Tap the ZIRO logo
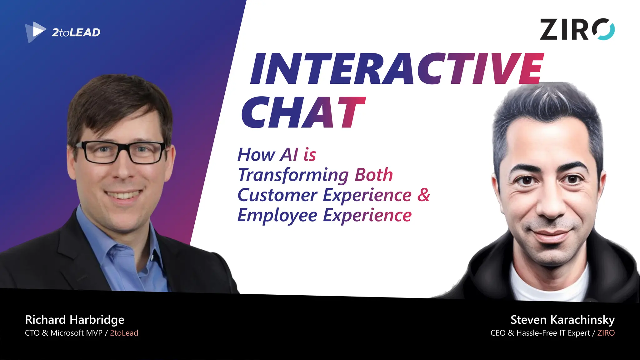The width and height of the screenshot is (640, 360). coord(577,29)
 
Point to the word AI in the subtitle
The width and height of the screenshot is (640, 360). coord(289,154)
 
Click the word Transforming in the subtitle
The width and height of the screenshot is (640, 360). coord(293,175)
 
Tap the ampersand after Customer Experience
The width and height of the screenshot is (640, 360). coord(423,195)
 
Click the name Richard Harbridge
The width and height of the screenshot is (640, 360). coord(75,320)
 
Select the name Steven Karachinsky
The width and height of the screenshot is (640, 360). coord(562,320)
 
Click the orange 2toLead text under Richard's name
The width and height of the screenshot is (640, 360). coord(124,333)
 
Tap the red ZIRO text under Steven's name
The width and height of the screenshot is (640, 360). coord(606,333)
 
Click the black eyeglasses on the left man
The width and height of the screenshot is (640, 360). coord(120,152)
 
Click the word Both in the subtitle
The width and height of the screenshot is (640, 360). coord(374,175)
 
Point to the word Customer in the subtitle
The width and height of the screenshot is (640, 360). coord(277,195)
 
